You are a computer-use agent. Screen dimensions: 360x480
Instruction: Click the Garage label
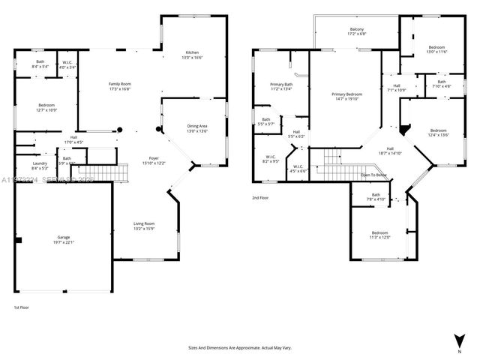[63, 239]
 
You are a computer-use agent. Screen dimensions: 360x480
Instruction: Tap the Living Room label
[143, 226]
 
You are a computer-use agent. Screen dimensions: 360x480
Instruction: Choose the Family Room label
[120, 85]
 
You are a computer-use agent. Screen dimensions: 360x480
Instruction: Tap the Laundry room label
[40, 166]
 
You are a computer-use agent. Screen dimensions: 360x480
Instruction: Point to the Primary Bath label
[281, 86]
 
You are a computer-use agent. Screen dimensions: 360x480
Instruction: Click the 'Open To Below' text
[373, 175]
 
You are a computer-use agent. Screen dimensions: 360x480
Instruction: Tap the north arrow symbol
[459, 340]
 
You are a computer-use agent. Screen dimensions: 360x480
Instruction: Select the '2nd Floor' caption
[261, 198]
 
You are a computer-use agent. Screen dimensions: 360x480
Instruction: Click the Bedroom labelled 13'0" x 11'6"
[436, 49]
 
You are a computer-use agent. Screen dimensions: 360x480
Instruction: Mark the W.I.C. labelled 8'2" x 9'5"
[271, 159]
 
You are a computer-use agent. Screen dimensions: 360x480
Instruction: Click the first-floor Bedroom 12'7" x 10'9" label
[47, 108]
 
